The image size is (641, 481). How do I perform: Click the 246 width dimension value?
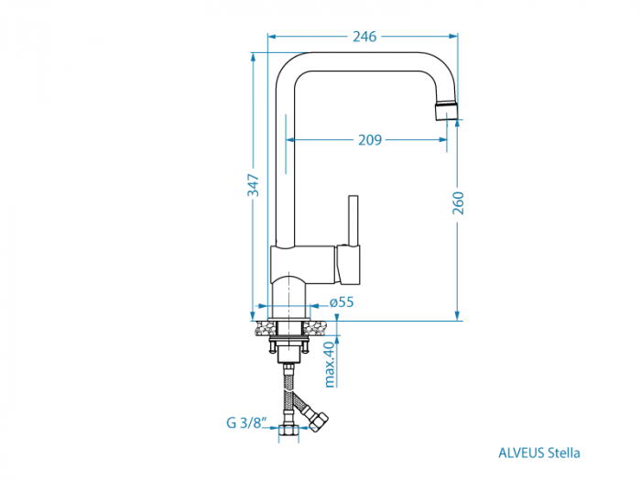click(364, 37)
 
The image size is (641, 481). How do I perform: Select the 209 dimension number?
click(369, 140)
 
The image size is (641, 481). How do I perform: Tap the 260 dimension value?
click(459, 203)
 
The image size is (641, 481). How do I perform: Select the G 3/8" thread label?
click(245, 423)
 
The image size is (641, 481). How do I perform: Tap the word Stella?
click(564, 452)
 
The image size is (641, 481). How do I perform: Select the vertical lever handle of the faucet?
click(354, 219)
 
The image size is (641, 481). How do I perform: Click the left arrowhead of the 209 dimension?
click(291, 140)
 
